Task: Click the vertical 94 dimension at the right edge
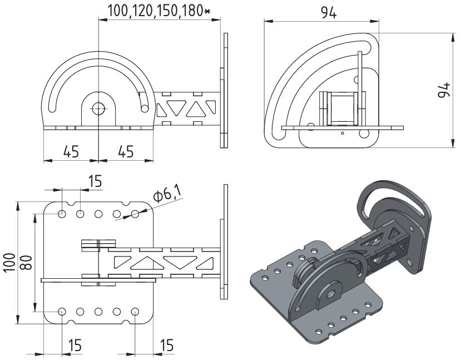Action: pyautogui.click(x=444, y=91)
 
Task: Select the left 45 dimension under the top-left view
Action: pyautogui.click(x=71, y=151)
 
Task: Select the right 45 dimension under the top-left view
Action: pyautogui.click(x=126, y=151)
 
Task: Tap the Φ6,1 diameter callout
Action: pyautogui.click(x=167, y=195)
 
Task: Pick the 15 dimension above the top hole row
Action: pyautogui.click(x=95, y=181)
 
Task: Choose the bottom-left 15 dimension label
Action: pyautogui.click(x=74, y=346)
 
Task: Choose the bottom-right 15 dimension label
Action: pyautogui.click(x=166, y=346)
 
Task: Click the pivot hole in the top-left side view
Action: pyautogui.click(x=98, y=109)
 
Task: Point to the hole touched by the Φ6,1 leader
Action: pyautogui.click(x=135, y=214)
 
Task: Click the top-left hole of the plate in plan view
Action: pyautogui.click(x=62, y=214)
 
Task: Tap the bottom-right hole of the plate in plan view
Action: pyautogui.click(x=135, y=312)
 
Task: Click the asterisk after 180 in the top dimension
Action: pyautogui.click(x=207, y=11)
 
